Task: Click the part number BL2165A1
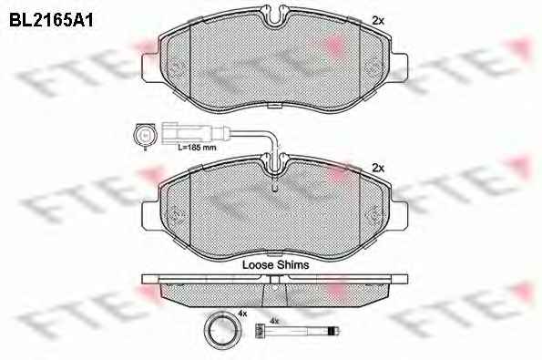[x=51, y=20]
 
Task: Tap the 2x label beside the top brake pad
[x=378, y=21]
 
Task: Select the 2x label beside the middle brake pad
[x=378, y=169]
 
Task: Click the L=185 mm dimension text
[x=197, y=148]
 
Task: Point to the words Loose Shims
[x=275, y=265]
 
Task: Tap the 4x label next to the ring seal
[x=242, y=314]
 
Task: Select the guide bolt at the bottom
[x=297, y=331]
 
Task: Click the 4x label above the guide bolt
[x=274, y=322]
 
